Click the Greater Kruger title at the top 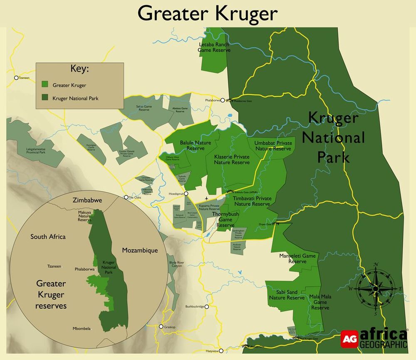point(208,13)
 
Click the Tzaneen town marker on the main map point(16,78)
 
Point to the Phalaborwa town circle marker point(223,100)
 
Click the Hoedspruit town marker point(186,193)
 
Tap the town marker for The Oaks point(126,197)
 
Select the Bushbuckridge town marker point(206,306)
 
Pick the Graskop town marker point(161,327)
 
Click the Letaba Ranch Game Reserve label point(214,47)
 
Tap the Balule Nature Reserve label point(195,145)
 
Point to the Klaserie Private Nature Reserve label point(232,159)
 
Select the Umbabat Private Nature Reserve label point(273,146)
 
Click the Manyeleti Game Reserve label point(297,259)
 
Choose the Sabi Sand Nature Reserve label point(287,295)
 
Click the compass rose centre point(375,288)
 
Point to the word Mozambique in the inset point(140,251)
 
